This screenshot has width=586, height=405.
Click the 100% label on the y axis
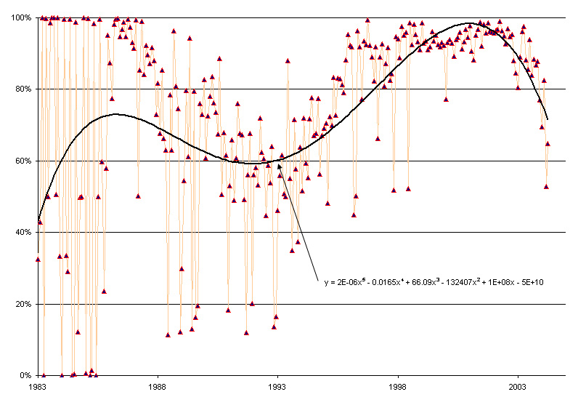(20, 17)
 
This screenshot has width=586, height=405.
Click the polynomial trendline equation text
(434, 281)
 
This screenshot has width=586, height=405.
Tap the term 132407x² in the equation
(456, 281)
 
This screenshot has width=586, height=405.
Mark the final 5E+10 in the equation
(532, 281)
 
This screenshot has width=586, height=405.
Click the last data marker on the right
(548, 144)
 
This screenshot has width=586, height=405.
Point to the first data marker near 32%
(38, 259)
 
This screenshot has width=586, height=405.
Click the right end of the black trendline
(548, 119)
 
